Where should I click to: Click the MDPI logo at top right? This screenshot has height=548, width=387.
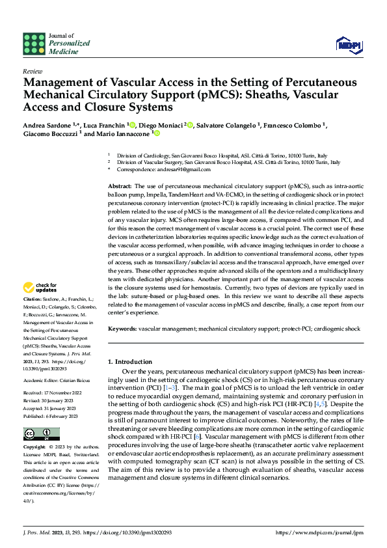pos(349,44)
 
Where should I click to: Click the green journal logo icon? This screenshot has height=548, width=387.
pos(34,43)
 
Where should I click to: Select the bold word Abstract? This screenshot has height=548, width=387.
pos(120,187)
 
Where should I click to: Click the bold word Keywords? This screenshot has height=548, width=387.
pos(122,329)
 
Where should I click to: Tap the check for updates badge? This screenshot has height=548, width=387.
pos(40,287)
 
